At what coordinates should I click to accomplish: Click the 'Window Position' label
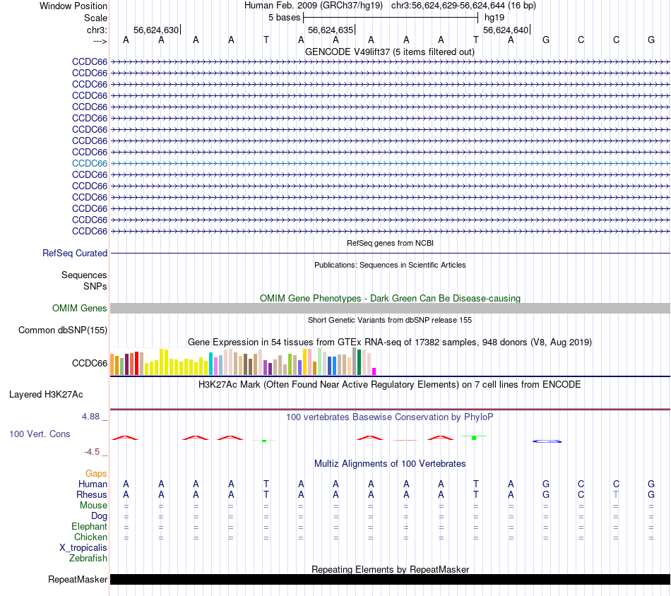[x=73, y=6]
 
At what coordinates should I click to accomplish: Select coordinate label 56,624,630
[x=155, y=30]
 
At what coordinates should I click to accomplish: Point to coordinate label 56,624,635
[x=330, y=30]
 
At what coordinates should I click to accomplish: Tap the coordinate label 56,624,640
[x=505, y=30]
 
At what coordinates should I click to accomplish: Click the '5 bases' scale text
[x=284, y=17]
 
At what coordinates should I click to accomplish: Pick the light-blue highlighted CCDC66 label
[x=90, y=163]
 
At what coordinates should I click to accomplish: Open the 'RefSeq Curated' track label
[x=75, y=253]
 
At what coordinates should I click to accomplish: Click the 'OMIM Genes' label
[x=80, y=308]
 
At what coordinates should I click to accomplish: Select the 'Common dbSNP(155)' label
[x=63, y=330]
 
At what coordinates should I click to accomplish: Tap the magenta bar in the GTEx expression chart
[x=374, y=371]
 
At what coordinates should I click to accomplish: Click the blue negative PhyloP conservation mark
[x=547, y=441]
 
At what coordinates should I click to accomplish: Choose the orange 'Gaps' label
[x=96, y=473]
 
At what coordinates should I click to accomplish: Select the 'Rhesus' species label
[x=92, y=494]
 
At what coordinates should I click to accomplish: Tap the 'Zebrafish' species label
[x=88, y=558]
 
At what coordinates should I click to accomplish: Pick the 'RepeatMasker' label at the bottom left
[x=78, y=580]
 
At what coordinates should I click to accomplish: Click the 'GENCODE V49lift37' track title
[x=390, y=52]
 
